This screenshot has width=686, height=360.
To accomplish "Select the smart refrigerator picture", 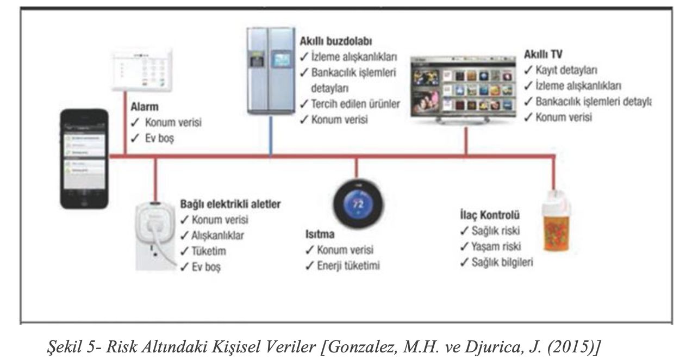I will [270, 71].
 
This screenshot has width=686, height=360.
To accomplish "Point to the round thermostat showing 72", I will [356, 207].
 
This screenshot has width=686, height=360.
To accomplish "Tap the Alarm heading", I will [144, 108].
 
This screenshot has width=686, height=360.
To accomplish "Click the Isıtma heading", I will [319, 235].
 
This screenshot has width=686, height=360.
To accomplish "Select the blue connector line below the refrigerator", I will [271, 136].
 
